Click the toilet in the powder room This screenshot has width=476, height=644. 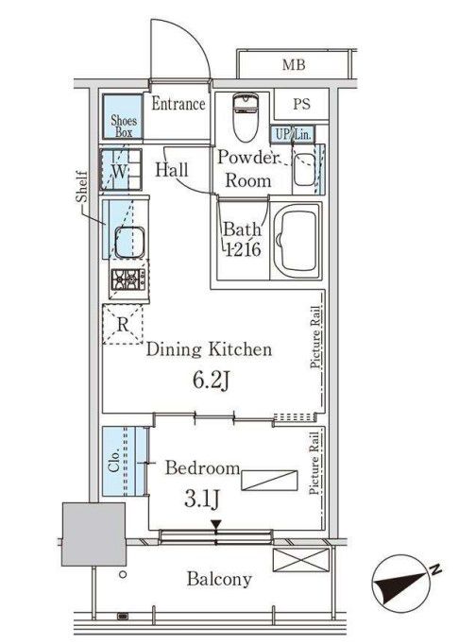point(246,117)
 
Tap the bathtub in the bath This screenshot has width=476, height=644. point(297,241)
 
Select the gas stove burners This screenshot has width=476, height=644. point(127,280)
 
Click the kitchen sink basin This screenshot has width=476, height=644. point(129,242)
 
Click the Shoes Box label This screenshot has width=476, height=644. point(123,126)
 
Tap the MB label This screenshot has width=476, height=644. point(294,65)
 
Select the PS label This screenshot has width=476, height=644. point(301,104)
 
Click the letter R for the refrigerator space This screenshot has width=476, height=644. point(123,325)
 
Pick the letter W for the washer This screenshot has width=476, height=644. point(120,171)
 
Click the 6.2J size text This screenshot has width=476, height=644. point(211,381)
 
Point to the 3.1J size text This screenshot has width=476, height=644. point(201,500)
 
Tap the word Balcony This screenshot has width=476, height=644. point(219,580)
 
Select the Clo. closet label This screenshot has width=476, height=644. point(113,461)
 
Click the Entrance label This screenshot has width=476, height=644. point(178,104)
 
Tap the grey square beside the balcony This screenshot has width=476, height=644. point(94,534)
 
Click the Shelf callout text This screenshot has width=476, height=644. point(82,187)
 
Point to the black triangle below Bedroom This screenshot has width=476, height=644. point(216,525)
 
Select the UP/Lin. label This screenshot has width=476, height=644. point(293,134)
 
